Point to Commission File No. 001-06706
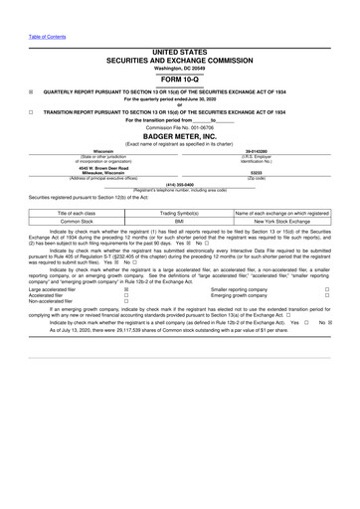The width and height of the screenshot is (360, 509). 180,128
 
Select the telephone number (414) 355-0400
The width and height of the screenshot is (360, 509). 180,184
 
